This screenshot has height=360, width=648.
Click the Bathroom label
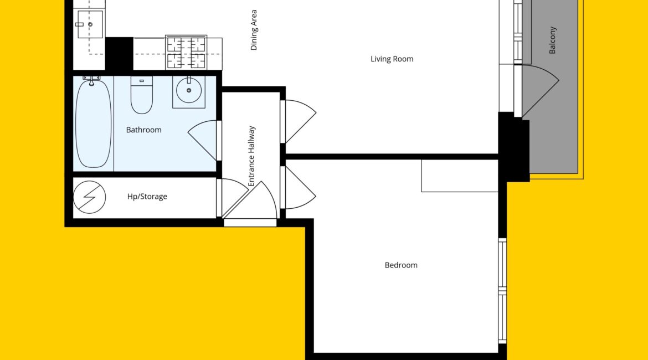(143, 130)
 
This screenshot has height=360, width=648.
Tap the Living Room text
(392, 59)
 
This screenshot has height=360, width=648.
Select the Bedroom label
(401, 265)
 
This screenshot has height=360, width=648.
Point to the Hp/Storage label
(147, 196)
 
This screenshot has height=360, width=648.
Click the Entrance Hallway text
(251, 156)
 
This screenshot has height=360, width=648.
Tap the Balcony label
(553, 40)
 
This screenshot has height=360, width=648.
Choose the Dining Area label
(254, 30)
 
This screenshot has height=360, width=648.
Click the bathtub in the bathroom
(93, 124)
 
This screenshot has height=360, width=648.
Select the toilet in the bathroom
(141, 95)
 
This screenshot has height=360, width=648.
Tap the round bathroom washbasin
(189, 90)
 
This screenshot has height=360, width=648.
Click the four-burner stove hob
(186, 53)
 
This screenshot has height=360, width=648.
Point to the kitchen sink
(90, 24)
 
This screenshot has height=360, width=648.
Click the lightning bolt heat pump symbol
(89, 197)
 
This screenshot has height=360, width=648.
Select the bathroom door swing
(203, 140)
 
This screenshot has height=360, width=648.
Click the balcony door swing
(540, 90)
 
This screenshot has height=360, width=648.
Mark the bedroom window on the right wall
(502, 291)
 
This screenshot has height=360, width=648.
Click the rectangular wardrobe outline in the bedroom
(460, 176)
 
